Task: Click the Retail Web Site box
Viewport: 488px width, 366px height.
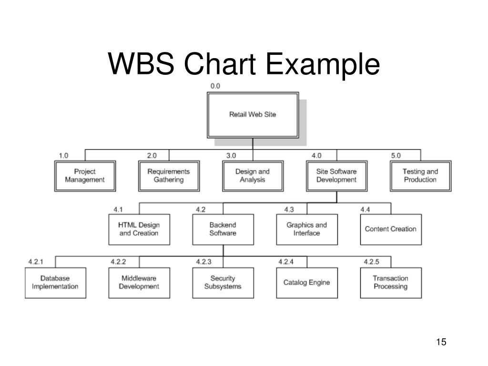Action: point(253,115)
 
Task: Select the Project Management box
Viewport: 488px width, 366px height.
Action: point(85,176)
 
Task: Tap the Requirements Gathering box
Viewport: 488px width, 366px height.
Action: point(169,176)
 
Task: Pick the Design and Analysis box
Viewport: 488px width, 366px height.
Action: point(253,176)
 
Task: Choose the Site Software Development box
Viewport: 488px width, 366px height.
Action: point(337,176)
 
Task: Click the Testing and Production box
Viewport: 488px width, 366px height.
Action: point(420,176)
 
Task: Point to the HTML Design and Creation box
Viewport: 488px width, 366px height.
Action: point(139,229)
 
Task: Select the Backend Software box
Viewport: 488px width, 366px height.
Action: point(223,229)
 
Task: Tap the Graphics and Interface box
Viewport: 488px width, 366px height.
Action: point(307,229)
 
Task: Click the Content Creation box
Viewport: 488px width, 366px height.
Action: point(391,229)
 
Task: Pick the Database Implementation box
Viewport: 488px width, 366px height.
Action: point(55,283)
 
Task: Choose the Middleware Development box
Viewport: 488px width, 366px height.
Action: point(139,283)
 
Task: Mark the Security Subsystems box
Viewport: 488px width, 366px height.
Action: point(223,283)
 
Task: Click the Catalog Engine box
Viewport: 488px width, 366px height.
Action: point(307,283)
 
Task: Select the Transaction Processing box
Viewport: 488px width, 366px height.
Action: point(391,283)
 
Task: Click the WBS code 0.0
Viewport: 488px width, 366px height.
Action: point(215,86)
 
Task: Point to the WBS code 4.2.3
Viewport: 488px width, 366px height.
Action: point(203,262)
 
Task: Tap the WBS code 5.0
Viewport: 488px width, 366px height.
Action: point(396,155)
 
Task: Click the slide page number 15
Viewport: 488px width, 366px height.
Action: point(441,342)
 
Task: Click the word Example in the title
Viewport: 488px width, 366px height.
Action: point(323,64)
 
